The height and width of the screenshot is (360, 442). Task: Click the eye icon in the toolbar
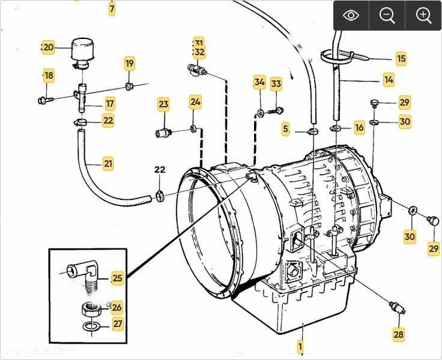tap(351, 16)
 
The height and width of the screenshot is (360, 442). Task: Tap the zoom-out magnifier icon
tap(387, 16)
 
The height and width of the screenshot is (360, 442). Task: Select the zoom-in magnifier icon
tap(423, 16)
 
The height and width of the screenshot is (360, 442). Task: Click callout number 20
tap(48, 47)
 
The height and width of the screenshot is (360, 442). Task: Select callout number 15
tap(401, 58)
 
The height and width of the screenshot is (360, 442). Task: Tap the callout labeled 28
tap(399, 334)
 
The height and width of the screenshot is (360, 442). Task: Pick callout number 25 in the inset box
tap(117, 278)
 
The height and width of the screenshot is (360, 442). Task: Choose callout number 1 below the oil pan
tap(300, 346)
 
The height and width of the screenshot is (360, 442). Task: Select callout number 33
tap(276, 83)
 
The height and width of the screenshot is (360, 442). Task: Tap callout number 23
tap(163, 104)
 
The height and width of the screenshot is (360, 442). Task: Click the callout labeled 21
tap(108, 163)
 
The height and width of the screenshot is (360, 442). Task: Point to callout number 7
tap(112, 9)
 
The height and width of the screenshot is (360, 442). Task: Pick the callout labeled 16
tap(359, 127)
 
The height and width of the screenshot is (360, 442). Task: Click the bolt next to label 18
tap(44, 100)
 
